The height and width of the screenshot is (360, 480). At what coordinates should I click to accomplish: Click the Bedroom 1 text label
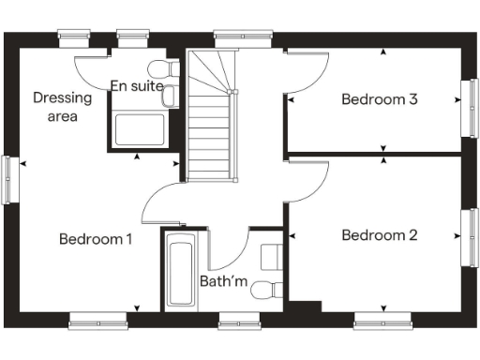tap(95, 239)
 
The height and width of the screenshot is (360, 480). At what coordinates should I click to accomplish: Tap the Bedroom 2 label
tap(379, 235)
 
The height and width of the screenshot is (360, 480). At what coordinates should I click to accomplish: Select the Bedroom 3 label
tap(379, 99)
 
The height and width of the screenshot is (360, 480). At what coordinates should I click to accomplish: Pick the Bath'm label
tap(222, 280)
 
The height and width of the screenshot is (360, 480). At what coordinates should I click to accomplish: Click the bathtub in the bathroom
tap(179, 272)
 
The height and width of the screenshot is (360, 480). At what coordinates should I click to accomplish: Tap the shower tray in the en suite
tap(139, 128)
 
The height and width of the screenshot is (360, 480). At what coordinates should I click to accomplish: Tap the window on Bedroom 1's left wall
tap(8, 178)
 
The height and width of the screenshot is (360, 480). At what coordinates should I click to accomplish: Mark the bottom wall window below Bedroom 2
tap(382, 323)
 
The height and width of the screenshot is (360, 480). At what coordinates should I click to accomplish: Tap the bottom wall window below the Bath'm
tap(238, 323)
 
